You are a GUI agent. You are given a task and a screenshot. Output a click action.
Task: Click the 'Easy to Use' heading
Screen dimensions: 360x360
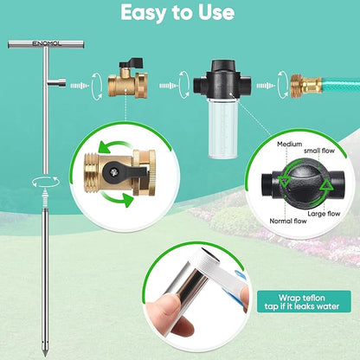pos(177,13)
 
